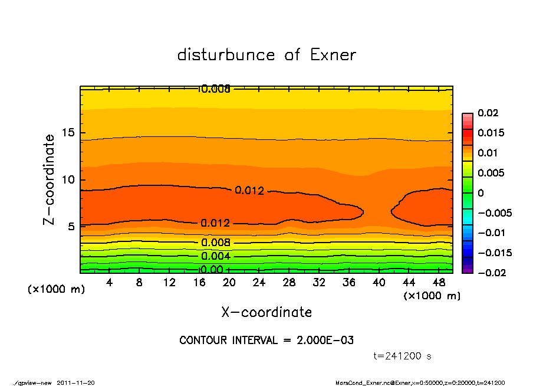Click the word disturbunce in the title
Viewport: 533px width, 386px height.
(226, 55)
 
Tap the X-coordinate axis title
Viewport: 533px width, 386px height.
(266, 312)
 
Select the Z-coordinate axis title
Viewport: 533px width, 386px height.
(50, 179)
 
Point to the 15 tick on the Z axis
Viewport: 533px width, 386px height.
(68, 133)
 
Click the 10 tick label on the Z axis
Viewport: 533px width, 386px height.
(68, 179)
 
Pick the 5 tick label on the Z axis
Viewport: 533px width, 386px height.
(72, 226)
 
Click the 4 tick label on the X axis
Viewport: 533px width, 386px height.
(110, 283)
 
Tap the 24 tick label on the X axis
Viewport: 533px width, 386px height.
(259, 283)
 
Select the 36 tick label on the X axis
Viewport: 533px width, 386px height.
(349, 283)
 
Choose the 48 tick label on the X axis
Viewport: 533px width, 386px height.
(439, 283)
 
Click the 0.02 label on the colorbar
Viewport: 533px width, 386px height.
(488, 113)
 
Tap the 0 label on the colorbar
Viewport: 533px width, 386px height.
(481, 193)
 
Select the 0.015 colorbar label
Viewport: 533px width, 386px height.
(491, 133)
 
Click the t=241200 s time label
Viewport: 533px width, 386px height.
(403, 356)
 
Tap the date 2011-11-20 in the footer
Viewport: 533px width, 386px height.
(75, 383)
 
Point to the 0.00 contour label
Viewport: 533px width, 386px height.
(212, 270)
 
